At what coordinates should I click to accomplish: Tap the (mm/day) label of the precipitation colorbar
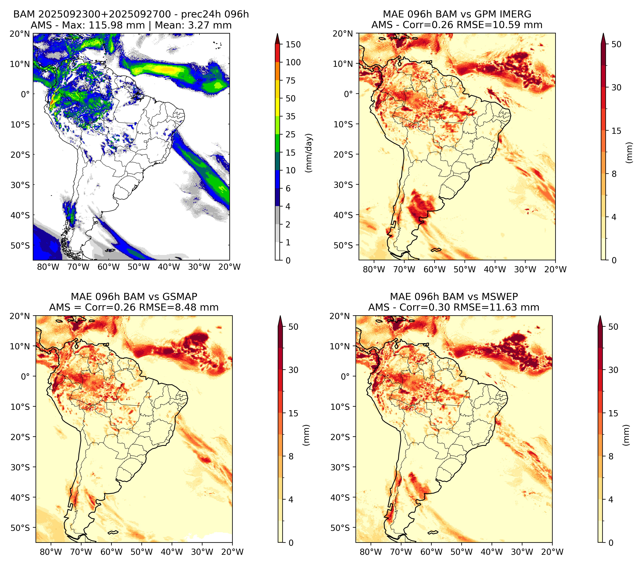pos(309,153)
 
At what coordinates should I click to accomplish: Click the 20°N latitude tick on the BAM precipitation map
pos(20,34)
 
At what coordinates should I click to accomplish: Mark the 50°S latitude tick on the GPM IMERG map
pos(343,245)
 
